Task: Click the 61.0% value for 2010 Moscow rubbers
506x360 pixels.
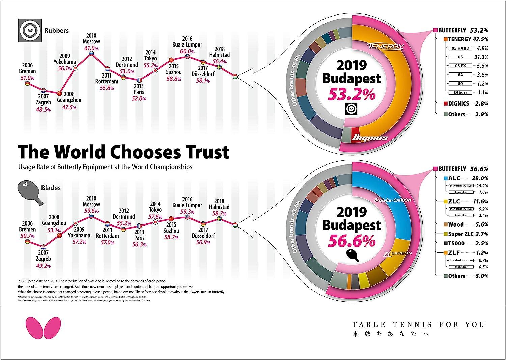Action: [91, 48]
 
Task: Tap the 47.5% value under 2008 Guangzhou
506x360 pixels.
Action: [69, 107]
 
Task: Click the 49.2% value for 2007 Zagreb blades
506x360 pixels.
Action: [43, 266]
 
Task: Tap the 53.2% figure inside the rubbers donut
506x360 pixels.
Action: [352, 94]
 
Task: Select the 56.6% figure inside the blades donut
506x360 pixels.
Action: [352, 241]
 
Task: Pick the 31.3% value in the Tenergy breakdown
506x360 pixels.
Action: [481, 57]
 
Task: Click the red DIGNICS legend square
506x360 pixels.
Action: [446, 103]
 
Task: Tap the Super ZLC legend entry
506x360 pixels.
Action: [461, 234]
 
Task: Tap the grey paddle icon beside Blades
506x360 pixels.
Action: [31, 193]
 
